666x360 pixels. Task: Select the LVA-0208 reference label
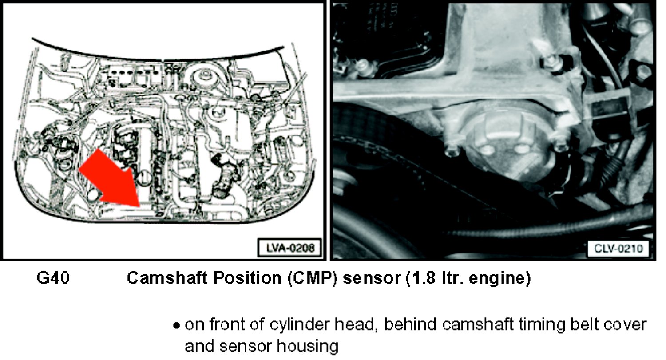(289, 247)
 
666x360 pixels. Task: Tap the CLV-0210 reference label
(618, 248)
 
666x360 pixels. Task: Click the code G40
(53, 278)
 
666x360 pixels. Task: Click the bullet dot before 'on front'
(177, 326)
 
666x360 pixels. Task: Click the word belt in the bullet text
(584, 324)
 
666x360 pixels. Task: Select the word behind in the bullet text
(410, 324)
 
